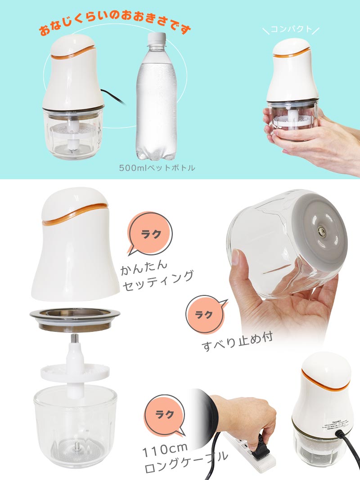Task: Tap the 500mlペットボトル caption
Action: click(157, 168)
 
